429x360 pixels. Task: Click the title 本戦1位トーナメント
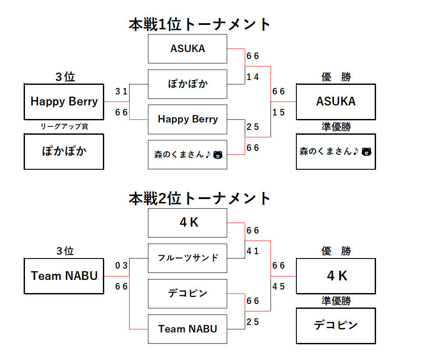tap(200, 24)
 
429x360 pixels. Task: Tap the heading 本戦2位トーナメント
tap(200, 199)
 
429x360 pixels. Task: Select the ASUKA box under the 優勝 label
tap(336, 101)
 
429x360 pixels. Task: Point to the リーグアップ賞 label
tap(64, 127)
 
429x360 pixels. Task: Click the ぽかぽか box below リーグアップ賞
tap(64, 151)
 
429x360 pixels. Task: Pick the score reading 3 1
tap(121, 91)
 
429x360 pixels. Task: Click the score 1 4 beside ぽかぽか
tap(253, 77)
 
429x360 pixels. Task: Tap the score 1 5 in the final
tap(278, 112)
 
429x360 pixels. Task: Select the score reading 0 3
tap(121, 266)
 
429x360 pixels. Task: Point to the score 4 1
tap(253, 251)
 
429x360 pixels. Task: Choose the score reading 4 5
tap(278, 287)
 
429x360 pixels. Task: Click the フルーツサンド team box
tap(187, 258)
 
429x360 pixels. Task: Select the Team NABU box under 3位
tap(64, 276)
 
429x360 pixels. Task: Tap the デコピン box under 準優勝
tap(336, 325)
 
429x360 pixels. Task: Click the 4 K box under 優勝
tap(336, 276)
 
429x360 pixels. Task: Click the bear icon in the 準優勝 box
tap(366, 152)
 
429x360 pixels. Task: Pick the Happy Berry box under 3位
tap(64, 101)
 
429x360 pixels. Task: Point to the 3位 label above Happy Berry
tap(65, 77)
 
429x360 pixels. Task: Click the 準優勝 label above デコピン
tap(336, 301)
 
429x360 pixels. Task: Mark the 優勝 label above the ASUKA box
tap(336, 77)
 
